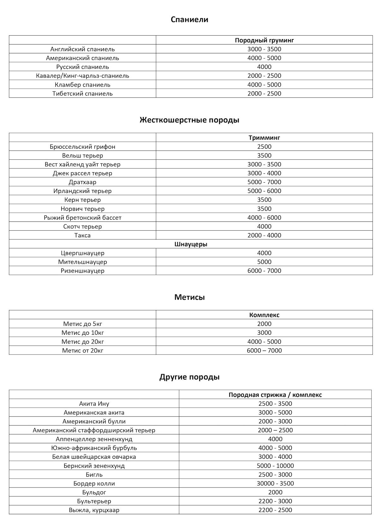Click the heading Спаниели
pyautogui.click(x=189, y=20)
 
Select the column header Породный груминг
pyautogui.click(x=264, y=40)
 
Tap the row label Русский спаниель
pyautogui.click(x=82, y=67)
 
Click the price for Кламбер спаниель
pyautogui.click(x=264, y=85)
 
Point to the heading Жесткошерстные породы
pyautogui.click(x=189, y=120)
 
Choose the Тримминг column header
pyautogui.click(x=264, y=138)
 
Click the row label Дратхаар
pyautogui.click(x=82, y=182)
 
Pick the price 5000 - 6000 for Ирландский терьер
pyautogui.click(x=264, y=191)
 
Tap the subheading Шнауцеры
pyautogui.click(x=191, y=244)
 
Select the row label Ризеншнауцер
pyautogui.click(x=82, y=271)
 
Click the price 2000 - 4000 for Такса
pyautogui.click(x=264, y=235)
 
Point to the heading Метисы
pyautogui.click(x=189, y=297)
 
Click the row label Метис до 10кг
pyautogui.click(x=82, y=333)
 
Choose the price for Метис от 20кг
pyautogui.click(x=264, y=350)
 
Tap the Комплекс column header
pyautogui.click(x=264, y=315)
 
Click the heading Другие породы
pyautogui.click(x=189, y=377)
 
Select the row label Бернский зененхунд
pyautogui.click(x=94, y=466)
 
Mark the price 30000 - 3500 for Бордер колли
pyautogui.click(x=275, y=483)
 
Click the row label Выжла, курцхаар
pyautogui.click(x=94, y=510)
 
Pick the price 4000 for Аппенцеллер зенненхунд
pyautogui.click(x=275, y=439)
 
